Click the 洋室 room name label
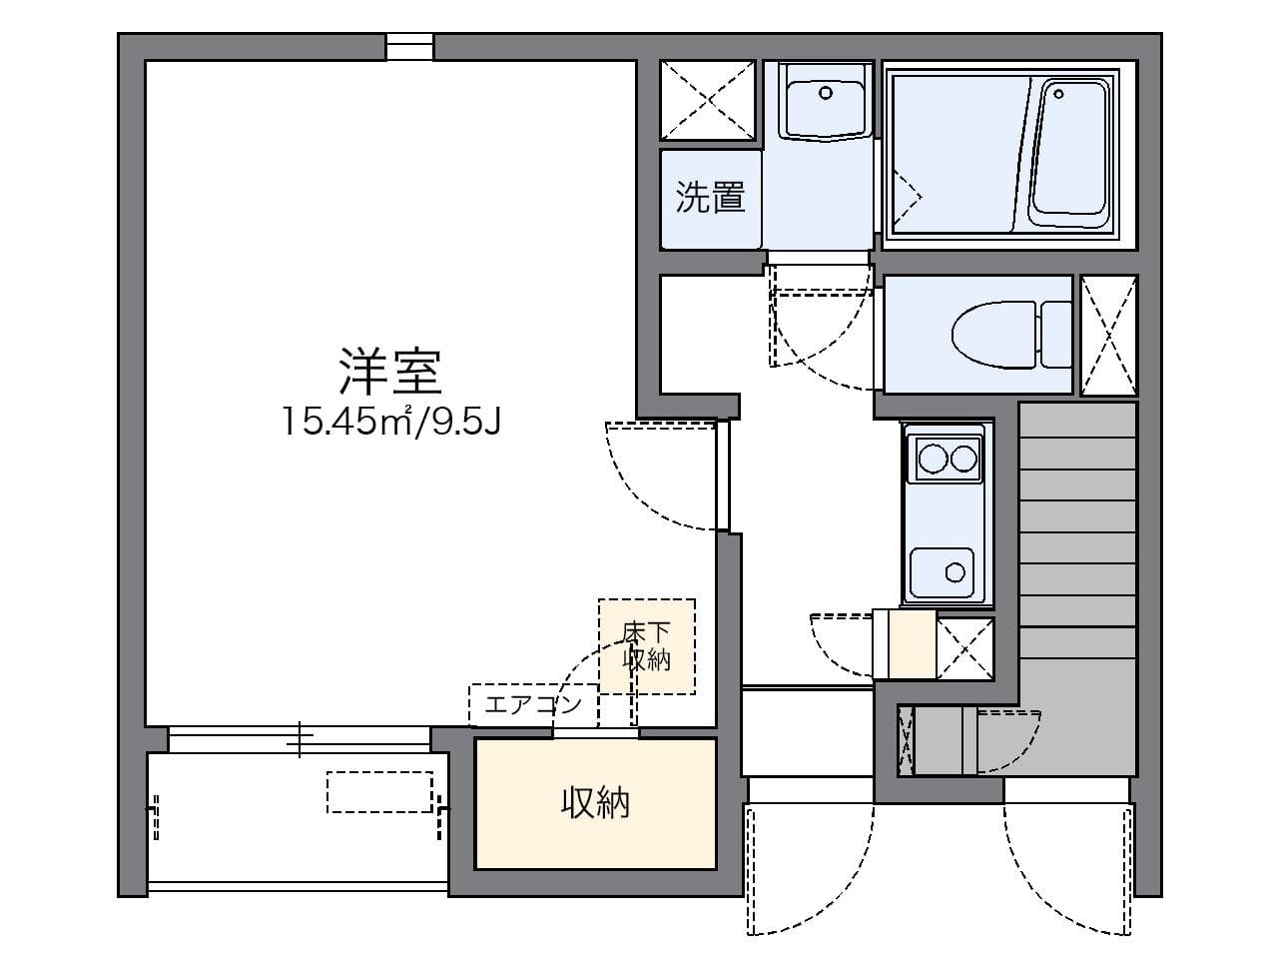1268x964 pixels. pos(390,371)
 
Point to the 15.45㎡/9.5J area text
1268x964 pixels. pos(391,422)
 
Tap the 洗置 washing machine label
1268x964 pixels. pos(710,197)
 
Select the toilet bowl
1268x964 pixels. pos(994,334)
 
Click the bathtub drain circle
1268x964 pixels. pos(1059,94)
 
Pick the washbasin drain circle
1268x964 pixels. pos(826,93)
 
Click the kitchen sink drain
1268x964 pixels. pos(954,572)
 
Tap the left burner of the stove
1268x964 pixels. pos(933,459)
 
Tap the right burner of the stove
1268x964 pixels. pos(963,459)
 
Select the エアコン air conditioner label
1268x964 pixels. pos(532,705)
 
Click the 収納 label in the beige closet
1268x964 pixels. pos(595,803)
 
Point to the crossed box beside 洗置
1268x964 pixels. pos(708,100)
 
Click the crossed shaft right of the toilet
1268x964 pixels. pos(1108,336)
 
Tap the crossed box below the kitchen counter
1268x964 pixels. pos(964,648)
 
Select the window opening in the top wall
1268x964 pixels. pos(409,47)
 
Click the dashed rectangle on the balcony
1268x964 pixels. pos(380,792)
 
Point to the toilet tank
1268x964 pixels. pos(1056,334)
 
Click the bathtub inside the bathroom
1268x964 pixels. pos(1071,155)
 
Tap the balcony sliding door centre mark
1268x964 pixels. pos(300,739)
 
